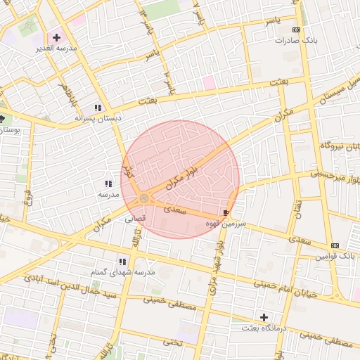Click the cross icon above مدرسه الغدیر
(57, 37)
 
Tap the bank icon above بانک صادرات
(296, 30)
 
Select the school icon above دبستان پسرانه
(98, 108)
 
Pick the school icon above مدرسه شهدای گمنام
(122, 262)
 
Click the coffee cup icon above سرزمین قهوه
(225, 212)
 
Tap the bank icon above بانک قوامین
(335, 245)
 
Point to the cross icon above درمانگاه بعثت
(264, 317)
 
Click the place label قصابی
(135, 219)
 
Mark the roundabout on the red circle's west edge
(143, 199)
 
